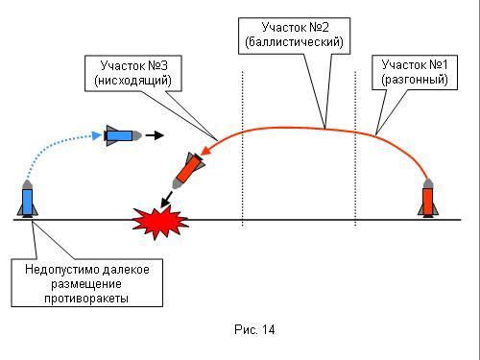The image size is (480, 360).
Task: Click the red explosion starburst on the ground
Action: point(159,222)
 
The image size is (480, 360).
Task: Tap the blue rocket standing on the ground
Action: point(28,199)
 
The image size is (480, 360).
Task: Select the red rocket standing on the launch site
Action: point(428,198)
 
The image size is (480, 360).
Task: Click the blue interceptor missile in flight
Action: point(123,135)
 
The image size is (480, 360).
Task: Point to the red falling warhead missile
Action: point(188,170)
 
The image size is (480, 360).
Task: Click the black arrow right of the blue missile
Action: point(155,135)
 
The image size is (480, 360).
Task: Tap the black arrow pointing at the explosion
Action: point(166,200)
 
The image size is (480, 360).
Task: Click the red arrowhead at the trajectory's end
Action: point(205,151)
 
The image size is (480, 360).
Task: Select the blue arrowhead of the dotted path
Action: point(97,135)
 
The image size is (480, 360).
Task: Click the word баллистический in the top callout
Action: point(294,42)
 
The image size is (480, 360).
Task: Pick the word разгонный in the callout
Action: point(415,79)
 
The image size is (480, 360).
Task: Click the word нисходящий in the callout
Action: point(132,80)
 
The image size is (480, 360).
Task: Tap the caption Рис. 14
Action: point(254,329)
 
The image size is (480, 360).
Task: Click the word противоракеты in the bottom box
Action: point(86,299)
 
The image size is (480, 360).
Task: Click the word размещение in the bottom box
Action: point(86,284)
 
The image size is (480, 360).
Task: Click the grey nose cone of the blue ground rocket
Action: point(28,184)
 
